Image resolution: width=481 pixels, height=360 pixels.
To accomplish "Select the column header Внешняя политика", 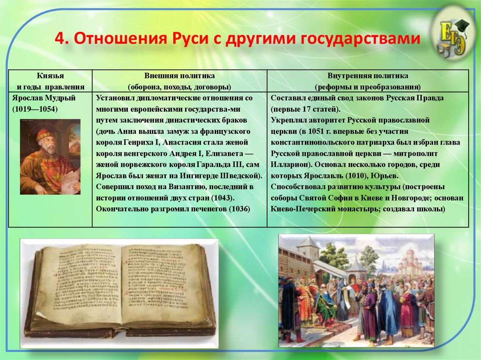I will (x=179, y=76).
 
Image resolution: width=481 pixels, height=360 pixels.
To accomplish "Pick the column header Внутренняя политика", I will (x=368, y=76).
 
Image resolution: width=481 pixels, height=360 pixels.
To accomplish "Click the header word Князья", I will (x=50, y=76).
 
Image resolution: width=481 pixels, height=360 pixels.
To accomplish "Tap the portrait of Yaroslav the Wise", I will (x=50, y=157).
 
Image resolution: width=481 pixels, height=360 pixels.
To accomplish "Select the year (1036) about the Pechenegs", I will (x=237, y=209).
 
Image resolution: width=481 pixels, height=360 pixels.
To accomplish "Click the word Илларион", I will (x=290, y=165).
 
